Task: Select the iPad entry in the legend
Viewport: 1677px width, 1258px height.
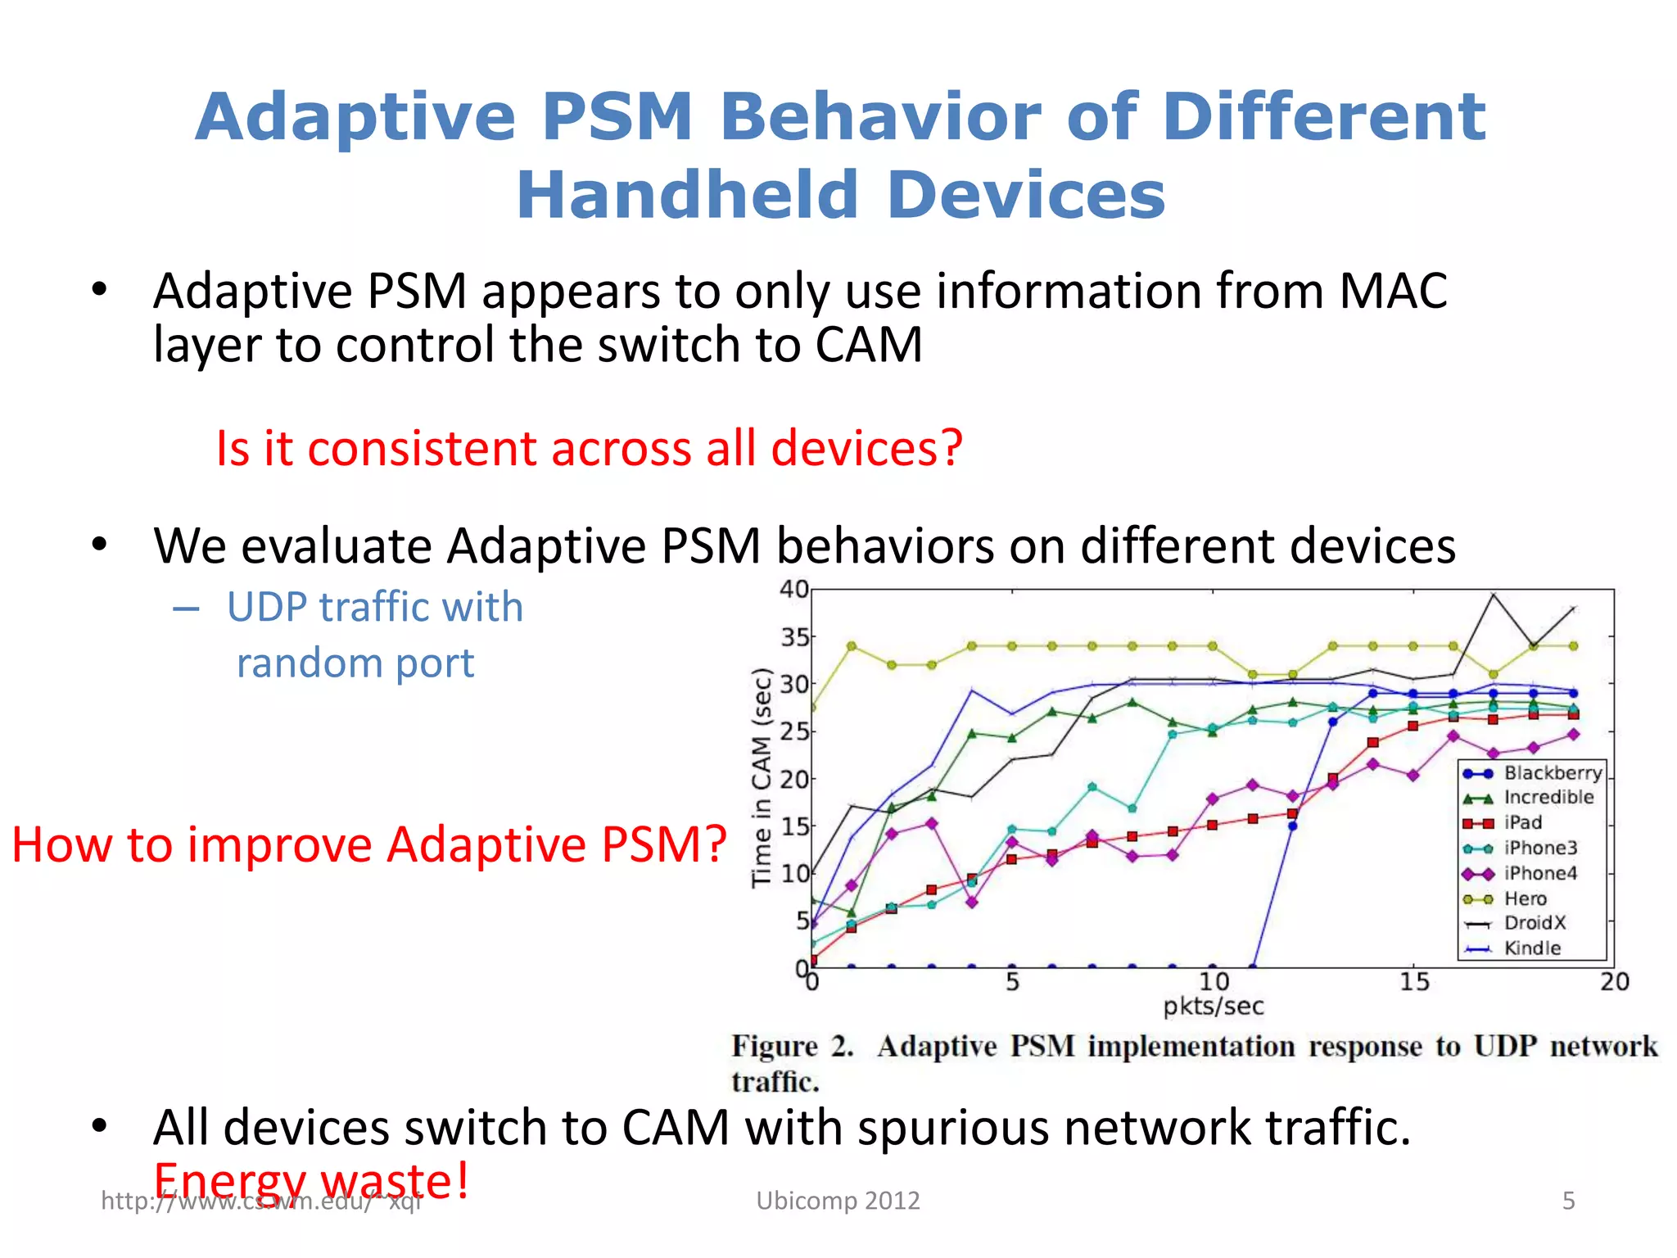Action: (x=1522, y=822)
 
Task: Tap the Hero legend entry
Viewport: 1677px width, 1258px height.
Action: (x=1525, y=898)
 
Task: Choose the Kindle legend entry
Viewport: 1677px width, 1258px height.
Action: (x=1531, y=948)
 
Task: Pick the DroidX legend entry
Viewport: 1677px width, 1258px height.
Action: (x=1534, y=923)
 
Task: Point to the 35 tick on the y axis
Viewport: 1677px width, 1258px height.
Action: (x=794, y=636)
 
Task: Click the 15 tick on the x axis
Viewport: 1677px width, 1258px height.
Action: (x=1413, y=981)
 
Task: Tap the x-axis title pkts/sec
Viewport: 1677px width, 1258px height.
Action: (x=1213, y=1007)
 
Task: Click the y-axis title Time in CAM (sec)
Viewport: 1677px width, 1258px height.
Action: (x=762, y=777)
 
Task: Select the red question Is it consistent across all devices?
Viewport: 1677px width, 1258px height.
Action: (x=588, y=448)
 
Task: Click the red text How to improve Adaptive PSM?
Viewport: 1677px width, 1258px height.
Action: (x=368, y=844)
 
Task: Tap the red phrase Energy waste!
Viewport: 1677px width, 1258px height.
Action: (x=311, y=1180)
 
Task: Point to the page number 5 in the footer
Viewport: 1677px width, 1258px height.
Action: (x=1568, y=1201)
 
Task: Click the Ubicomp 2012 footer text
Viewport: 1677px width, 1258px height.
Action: (x=838, y=1201)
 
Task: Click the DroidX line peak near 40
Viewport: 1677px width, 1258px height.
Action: (x=1494, y=595)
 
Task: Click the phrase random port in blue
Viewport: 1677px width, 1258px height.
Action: (x=355, y=663)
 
